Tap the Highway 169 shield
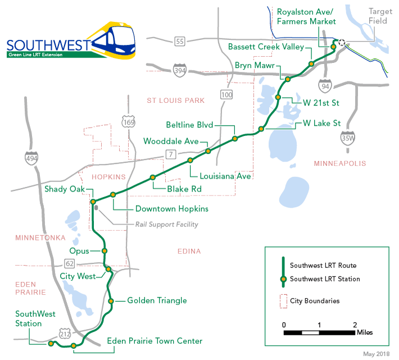point(128,120)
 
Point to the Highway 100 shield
point(226,95)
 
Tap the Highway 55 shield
point(180,41)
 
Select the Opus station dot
point(105,251)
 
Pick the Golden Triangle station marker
point(111,301)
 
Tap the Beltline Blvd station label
point(191,125)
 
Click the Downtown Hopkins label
point(171,209)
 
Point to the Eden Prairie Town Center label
point(154,341)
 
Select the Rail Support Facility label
point(166,225)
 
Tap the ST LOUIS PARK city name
point(175,101)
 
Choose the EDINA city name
point(188,251)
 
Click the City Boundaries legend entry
point(314,301)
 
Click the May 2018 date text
point(376,354)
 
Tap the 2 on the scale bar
point(355,325)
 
